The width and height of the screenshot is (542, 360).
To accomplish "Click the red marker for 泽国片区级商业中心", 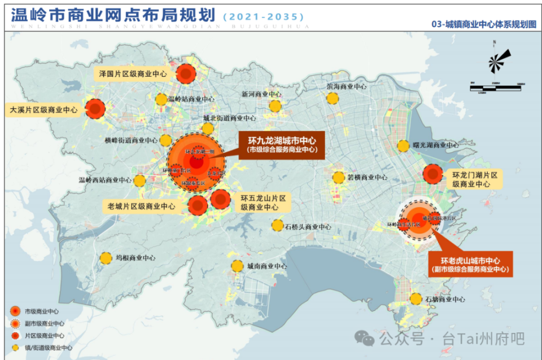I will [x=186, y=73].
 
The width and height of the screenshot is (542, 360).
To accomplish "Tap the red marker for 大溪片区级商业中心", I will [x=95, y=108].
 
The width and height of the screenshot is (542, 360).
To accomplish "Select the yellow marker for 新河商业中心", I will [x=275, y=106].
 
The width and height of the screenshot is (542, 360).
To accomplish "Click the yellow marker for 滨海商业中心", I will [x=333, y=98].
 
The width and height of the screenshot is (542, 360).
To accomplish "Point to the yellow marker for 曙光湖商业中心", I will [x=403, y=146].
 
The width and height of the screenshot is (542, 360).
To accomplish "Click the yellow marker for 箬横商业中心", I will [x=338, y=177].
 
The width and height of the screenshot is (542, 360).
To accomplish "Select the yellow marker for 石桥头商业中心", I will [x=277, y=225].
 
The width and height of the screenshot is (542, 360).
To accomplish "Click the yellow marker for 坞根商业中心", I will [x=106, y=258].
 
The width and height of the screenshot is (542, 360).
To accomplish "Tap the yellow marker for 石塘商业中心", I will [x=416, y=299].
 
